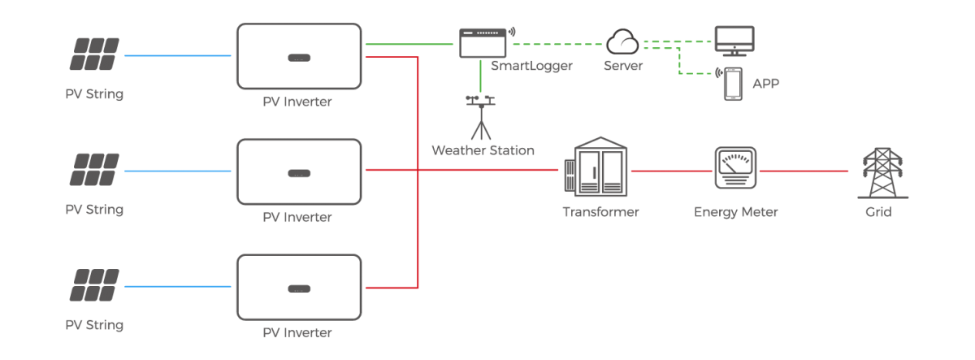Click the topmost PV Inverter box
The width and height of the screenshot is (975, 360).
point(298,56)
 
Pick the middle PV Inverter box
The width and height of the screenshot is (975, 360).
point(298,171)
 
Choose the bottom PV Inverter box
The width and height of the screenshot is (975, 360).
point(298,287)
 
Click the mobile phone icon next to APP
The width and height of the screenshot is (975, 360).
point(733,84)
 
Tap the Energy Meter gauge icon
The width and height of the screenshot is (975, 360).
point(735,169)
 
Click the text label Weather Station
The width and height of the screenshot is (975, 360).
point(483,150)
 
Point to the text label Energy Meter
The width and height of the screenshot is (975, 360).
point(735,212)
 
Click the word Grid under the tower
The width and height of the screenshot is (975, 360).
point(877,212)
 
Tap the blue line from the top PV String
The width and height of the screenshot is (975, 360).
point(179,56)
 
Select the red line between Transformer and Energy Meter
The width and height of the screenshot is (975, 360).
point(671,171)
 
